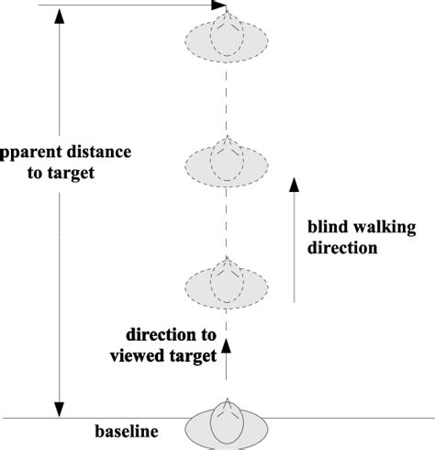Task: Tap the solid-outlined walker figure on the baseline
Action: pyautogui.click(x=225, y=428)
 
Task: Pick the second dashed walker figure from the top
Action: pyautogui.click(x=225, y=163)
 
